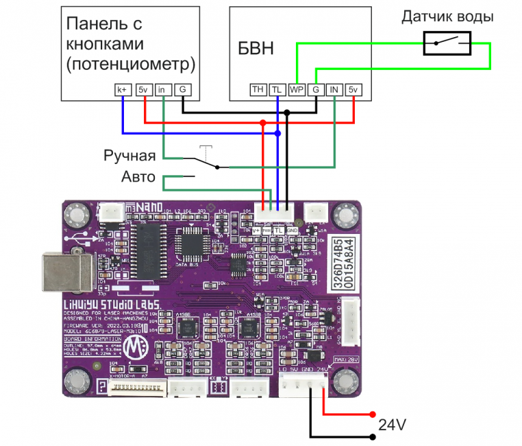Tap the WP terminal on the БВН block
point(296,90)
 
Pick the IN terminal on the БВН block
point(334,90)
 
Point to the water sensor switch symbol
point(447,45)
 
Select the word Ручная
point(129,156)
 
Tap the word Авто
point(139,178)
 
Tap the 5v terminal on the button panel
point(142,90)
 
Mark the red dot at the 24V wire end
point(373,414)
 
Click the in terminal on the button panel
point(162,90)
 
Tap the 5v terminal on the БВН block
point(353,90)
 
